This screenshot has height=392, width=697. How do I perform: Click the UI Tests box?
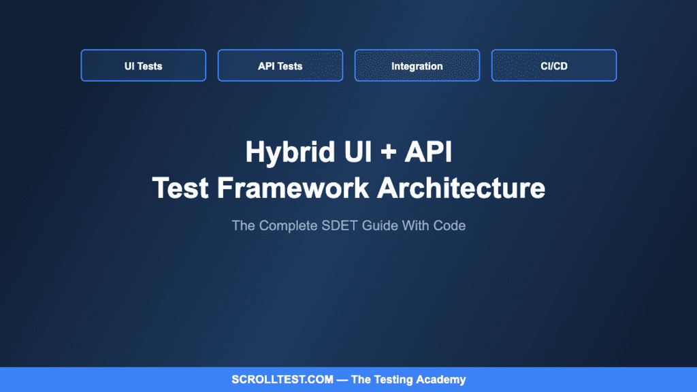point(143,66)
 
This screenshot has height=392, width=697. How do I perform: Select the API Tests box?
point(280,66)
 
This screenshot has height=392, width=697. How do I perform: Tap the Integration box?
point(417,66)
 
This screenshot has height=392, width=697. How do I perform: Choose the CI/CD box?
point(553,66)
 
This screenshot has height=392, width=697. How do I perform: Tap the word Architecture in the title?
point(461,188)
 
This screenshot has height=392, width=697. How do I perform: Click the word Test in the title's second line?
point(180,188)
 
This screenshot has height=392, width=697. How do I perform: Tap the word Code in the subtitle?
point(450,225)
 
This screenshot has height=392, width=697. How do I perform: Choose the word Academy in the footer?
point(442,380)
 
